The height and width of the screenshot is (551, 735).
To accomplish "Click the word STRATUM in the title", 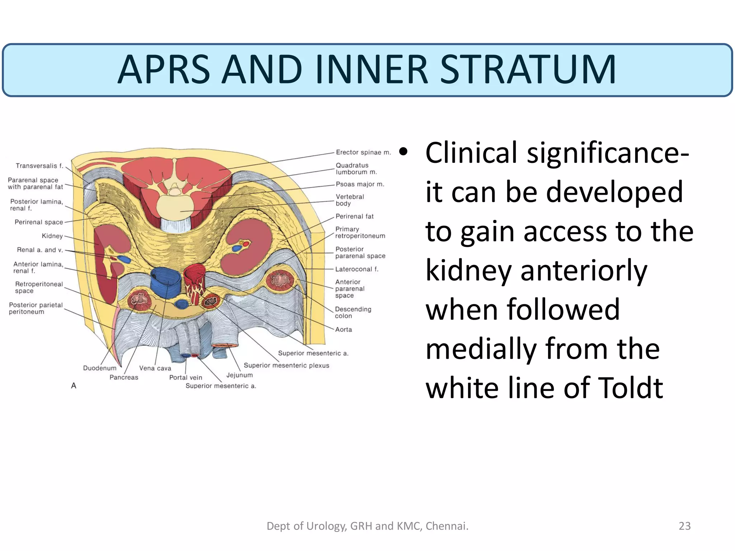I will (x=528, y=70).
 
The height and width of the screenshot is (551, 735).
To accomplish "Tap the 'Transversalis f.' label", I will (x=39, y=166).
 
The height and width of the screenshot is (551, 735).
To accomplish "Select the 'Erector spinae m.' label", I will (x=363, y=152).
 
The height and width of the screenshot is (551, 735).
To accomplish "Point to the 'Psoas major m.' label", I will (x=360, y=184).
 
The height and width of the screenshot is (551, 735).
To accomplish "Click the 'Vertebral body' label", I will (x=350, y=200).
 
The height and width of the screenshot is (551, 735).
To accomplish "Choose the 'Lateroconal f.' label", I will (x=357, y=269).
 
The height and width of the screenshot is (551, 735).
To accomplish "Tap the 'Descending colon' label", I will (x=353, y=312).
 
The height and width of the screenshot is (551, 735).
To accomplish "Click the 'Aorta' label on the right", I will (x=343, y=330).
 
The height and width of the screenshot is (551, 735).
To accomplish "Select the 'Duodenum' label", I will (x=100, y=368).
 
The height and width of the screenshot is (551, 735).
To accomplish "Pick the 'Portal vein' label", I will (x=186, y=377).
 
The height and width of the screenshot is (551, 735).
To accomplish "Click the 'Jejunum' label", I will (x=239, y=375).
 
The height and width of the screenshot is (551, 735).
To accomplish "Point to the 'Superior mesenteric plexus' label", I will (x=286, y=366).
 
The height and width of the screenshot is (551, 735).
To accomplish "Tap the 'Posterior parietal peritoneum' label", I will (x=36, y=309).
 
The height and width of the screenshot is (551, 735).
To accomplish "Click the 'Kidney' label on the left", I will (x=52, y=236).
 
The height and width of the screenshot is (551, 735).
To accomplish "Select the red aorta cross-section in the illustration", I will (x=194, y=274).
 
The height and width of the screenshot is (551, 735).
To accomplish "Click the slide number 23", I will (x=684, y=526).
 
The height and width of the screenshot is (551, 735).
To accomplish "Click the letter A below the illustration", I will (x=74, y=386).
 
